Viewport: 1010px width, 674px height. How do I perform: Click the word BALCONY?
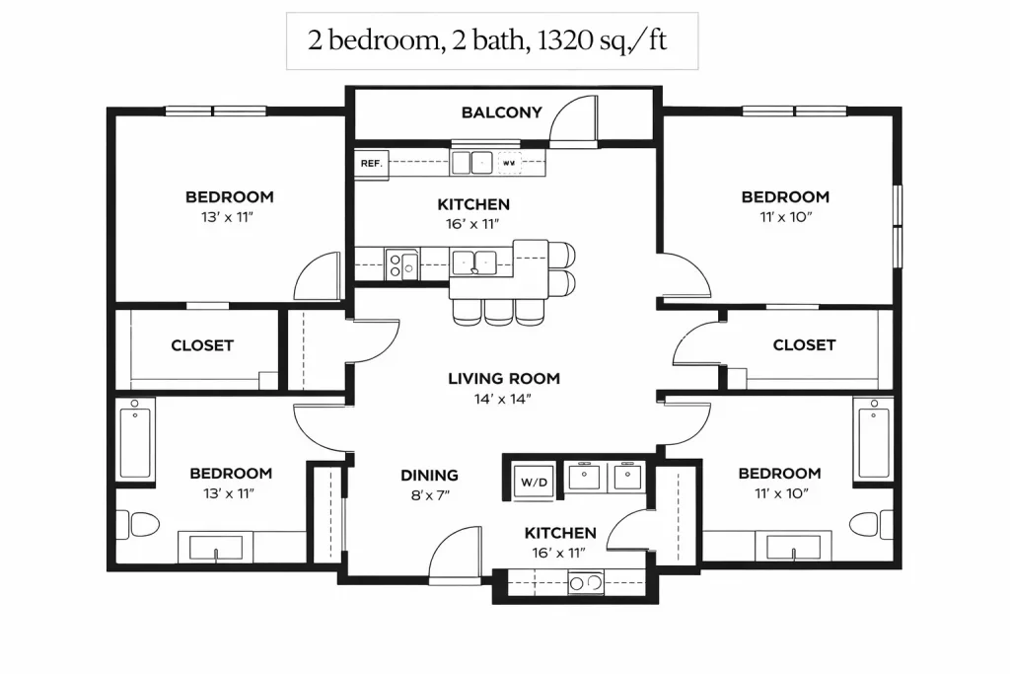click(501, 112)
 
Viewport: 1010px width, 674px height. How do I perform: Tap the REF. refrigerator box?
click(372, 164)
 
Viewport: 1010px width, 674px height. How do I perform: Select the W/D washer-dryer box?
click(534, 482)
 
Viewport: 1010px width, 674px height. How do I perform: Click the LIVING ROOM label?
click(504, 378)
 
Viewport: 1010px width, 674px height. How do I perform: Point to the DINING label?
click(430, 476)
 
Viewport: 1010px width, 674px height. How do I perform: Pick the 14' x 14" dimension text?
click(502, 399)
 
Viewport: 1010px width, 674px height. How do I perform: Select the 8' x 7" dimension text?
click(430, 495)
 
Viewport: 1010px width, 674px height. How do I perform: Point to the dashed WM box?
click(509, 163)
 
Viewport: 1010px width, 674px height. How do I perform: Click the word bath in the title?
click(498, 40)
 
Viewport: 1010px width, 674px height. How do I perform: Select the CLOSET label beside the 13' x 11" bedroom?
click(201, 345)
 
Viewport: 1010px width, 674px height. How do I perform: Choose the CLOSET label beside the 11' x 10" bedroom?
click(804, 344)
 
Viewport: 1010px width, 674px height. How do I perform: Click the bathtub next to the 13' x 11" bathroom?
click(135, 439)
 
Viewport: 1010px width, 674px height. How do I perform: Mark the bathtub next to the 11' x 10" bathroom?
click(874, 439)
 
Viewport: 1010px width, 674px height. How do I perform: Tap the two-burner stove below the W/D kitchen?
click(586, 583)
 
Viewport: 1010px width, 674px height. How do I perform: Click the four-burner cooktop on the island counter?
click(402, 264)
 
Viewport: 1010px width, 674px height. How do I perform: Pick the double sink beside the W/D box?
click(605, 478)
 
